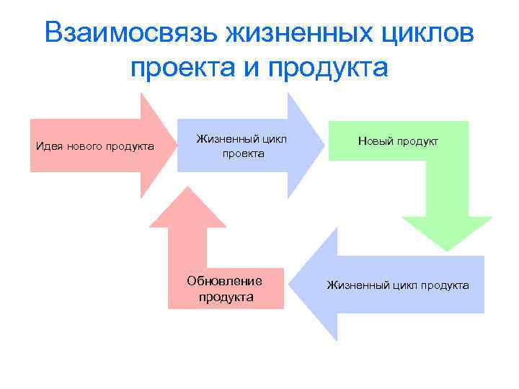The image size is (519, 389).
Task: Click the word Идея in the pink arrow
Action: pos(50,147)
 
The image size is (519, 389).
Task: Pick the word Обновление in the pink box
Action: pos(224,280)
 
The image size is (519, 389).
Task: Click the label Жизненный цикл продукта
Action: pos(398,285)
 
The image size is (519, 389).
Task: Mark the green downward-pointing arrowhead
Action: pos(447,231)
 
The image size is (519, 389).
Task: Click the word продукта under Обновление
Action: pos(226,297)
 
